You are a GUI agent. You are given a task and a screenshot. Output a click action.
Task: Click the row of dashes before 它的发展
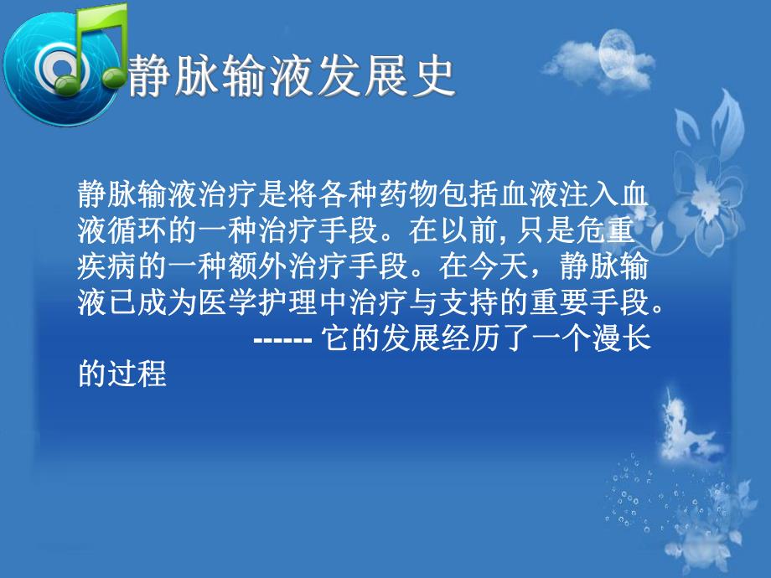[x=282, y=339]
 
